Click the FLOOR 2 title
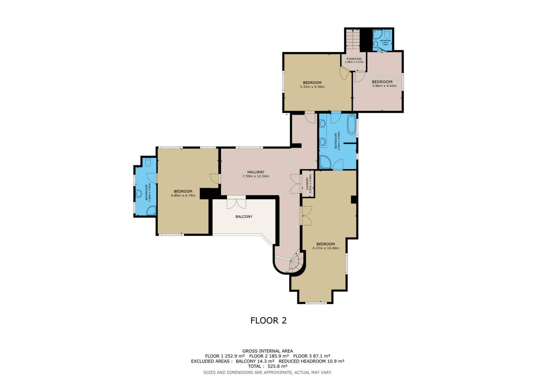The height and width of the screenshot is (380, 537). click(x=268, y=320)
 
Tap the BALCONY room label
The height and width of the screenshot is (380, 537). click(x=244, y=217)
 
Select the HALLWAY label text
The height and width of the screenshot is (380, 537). click(x=255, y=172)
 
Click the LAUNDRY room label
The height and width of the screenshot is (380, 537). click(x=307, y=184)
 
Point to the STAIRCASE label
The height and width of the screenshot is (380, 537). click(x=354, y=59)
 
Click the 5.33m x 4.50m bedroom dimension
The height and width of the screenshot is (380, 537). click(x=312, y=87)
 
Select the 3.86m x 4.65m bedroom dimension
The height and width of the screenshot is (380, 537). click(x=384, y=86)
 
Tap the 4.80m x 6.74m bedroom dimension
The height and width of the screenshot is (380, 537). click(x=183, y=196)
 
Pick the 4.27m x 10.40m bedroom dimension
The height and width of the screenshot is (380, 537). click(x=326, y=248)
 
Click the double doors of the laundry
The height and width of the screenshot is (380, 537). click(x=295, y=184)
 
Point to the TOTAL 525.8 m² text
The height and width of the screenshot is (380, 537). click(x=267, y=366)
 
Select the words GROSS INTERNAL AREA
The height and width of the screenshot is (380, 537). click(x=267, y=351)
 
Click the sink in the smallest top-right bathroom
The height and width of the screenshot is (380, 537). click(x=376, y=44)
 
